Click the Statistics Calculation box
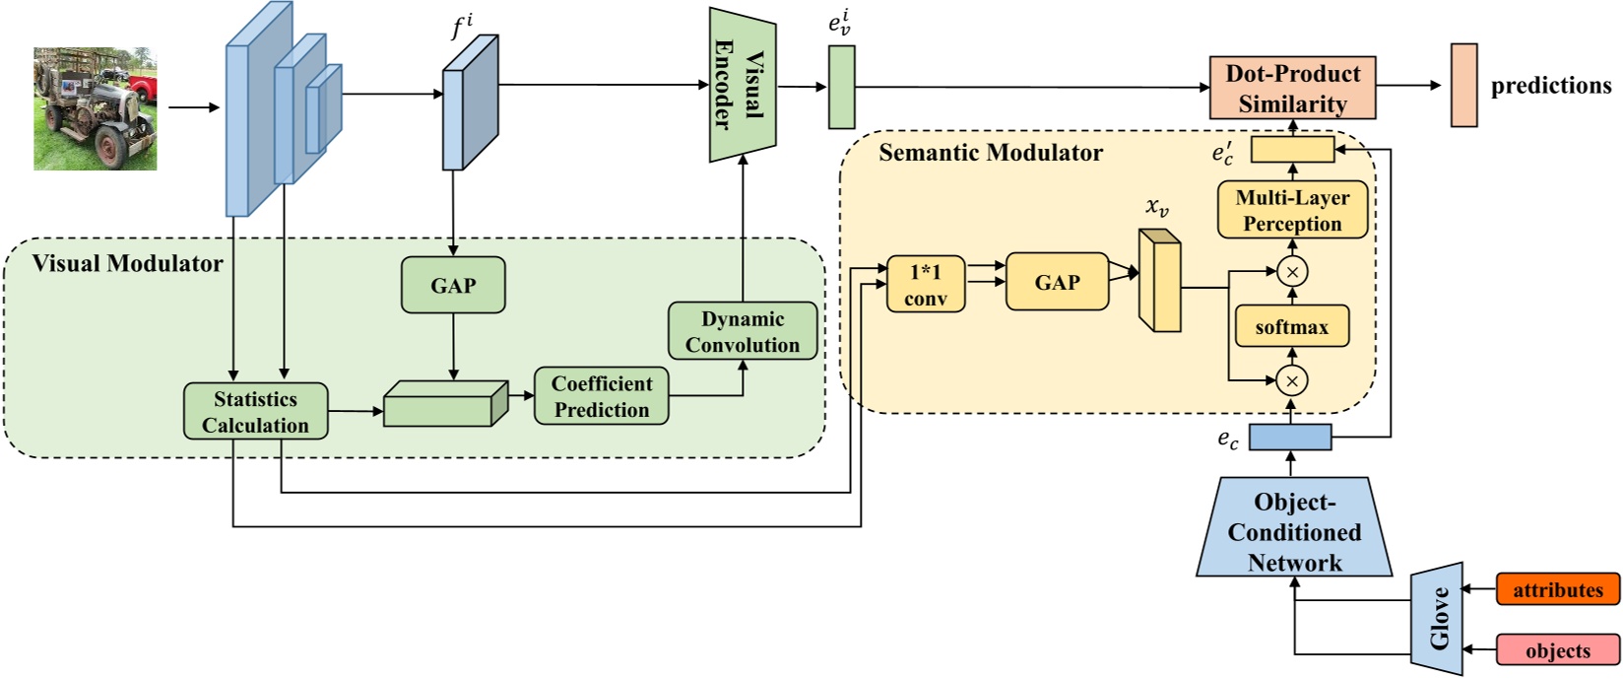pos(255,411)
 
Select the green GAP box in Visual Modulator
pos(453,286)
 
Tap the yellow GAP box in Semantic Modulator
pos(1057,282)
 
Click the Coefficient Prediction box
pos(601,396)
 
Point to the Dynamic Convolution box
pos(743,331)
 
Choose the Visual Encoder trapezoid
pos(742,85)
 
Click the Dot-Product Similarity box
pos(1292,88)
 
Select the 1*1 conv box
pos(926,285)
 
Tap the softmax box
pos(1291,327)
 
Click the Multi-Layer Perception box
pos(1292,210)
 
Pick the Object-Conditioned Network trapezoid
pos(1294,531)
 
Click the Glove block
pos(1438,619)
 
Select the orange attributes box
pos(1557,589)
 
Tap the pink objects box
pos(1557,650)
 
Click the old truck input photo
pos(95,108)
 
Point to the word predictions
pos(1550,86)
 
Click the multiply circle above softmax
pos(1291,271)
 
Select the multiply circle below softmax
pos(1291,380)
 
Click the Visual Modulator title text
pos(127,263)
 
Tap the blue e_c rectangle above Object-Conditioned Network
pos(1290,437)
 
